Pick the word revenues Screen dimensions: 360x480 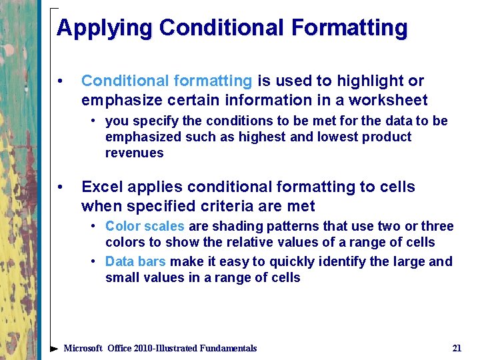click(134, 153)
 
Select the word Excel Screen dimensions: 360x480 click(101, 187)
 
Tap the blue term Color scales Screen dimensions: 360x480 click(145, 226)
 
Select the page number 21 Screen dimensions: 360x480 click(457, 348)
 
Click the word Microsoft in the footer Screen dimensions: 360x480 click(83, 348)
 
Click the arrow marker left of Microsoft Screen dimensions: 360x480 click(54, 348)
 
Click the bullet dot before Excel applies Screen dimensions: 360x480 click(61, 187)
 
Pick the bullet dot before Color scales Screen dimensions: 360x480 click(95, 227)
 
